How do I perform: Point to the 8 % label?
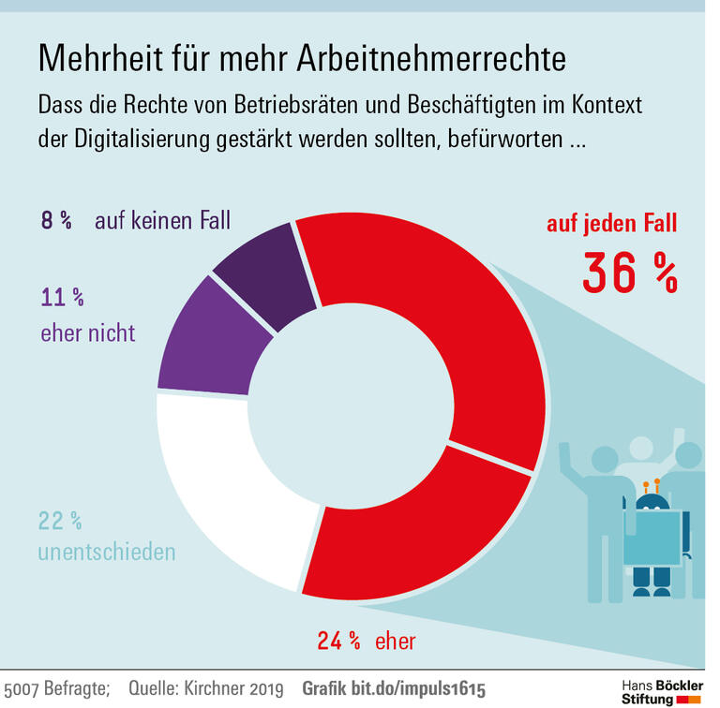[x=55, y=221]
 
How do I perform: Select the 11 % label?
[x=62, y=299]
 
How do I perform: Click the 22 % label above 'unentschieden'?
[x=60, y=520]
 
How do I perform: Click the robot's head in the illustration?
[x=652, y=501]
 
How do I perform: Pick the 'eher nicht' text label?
[x=88, y=332]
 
